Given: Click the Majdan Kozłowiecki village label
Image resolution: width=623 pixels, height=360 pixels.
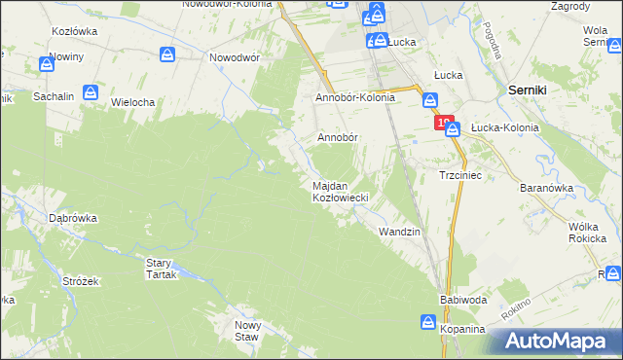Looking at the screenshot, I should click(x=338, y=192).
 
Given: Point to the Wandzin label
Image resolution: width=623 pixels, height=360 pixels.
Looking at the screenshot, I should click(x=399, y=232).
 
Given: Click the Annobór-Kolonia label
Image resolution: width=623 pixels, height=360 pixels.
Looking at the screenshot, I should click(x=354, y=98).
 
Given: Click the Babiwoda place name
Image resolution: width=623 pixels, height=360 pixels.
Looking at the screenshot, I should click(x=462, y=300).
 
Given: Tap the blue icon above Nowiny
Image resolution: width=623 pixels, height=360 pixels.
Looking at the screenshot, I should click(x=47, y=65).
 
